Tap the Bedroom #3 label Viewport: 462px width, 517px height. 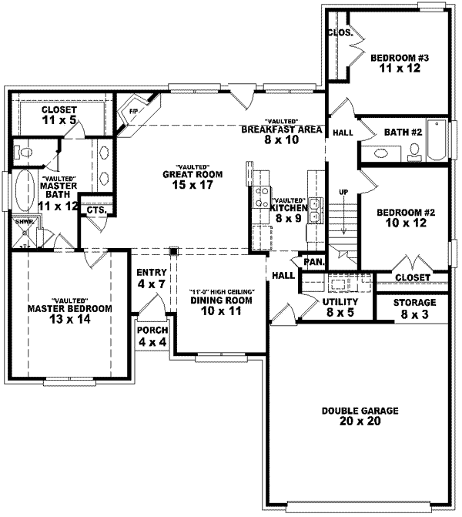[x=393, y=63]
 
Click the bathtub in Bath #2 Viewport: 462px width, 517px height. [x=437, y=140]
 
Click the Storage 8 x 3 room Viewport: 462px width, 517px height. [x=414, y=307]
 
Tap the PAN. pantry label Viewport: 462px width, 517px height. [x=313, y=261]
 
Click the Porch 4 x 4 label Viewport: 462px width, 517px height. [x=152, y=335]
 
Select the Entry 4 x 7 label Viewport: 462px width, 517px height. [x=151, y=279]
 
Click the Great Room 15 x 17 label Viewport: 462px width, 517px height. [x=199, y=180]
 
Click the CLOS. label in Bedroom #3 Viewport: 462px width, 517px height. [x=340, y=33]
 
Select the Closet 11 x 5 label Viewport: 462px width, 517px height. [x=58, y=114]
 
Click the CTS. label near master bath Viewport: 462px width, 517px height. [x=96, y=210]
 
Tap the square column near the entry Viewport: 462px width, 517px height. [x=174, y=251]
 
